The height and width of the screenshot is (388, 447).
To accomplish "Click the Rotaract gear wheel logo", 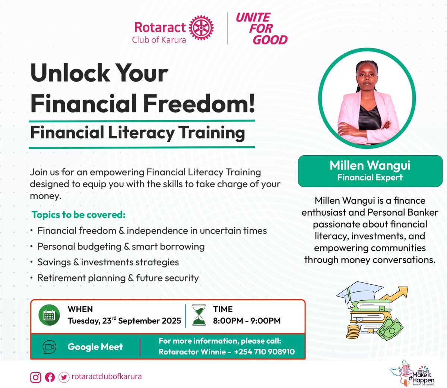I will (x=202, y=28).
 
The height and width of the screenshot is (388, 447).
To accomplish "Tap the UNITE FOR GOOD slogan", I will (x=261, y=29).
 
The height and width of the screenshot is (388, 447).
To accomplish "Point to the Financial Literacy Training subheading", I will (x=137, y=133).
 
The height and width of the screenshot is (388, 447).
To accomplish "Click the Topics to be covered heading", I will (x=79, y=215).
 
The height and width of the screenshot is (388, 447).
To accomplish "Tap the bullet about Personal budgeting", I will (x=121, y=247).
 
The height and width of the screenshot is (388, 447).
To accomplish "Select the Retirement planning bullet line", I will (x=118, y=278).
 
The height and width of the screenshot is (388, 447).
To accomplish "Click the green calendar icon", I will (x=49, y=315).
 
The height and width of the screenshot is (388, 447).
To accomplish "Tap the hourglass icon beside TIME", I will (x=199, y=315).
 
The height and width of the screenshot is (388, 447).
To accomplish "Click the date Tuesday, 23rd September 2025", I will (x=124, y=321).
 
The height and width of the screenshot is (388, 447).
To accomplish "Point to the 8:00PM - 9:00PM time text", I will (x=247, y=321).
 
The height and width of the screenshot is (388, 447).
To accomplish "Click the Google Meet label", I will (x=95, y=347).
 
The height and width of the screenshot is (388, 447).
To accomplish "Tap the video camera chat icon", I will (x=49, y=347).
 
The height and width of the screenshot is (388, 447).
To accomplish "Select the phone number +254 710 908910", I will (x=264, y=352).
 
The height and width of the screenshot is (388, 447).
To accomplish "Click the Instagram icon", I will (x=35, y=377).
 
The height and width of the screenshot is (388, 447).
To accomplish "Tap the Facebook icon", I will (x=50, y=377).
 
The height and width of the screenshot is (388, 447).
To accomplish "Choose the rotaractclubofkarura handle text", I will (x=107, y=376).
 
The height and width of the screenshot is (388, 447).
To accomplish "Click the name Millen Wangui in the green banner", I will (x=370, y=166).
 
